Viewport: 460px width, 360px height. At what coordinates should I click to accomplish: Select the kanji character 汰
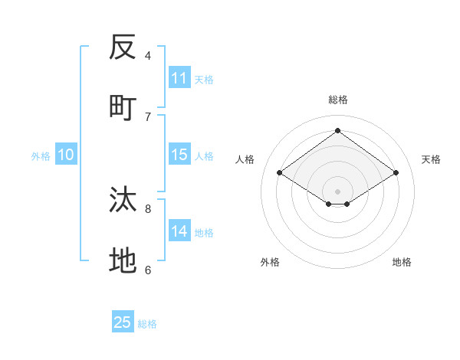pyautogui.click(x=123, y=200)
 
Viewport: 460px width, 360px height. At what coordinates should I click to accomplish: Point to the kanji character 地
pyautogui.click(x=123, y=261)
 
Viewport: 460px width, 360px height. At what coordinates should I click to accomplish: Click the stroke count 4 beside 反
pyautogui.click(x=148, y=55)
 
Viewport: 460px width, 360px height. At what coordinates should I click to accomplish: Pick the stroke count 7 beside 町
pyautogui.click(x=148, y=116)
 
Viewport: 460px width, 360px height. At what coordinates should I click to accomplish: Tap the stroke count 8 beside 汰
pyautogui.click(x=148, y=208)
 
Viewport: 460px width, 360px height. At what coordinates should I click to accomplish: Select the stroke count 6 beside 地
pyautogui.click(x=148, y=270)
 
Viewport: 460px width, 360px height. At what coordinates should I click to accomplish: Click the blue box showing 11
pyautogui.click(x=179, y=78)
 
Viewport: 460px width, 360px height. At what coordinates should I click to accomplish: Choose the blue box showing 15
pyautogui.click(x=179, y=155)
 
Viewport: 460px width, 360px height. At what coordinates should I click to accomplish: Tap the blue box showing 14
pyautogui.click(x=179, y=231)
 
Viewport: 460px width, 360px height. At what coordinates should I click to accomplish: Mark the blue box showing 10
pyautogui.click(x=66, y=155)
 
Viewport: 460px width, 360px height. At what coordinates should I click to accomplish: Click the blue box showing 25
pyautogui.click(x=123, y=322)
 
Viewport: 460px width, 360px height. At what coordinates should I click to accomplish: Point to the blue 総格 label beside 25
pyautogui.click(x=147, y=324)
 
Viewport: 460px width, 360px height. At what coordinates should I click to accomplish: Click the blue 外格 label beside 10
pyautogui.click(x=41, y=156)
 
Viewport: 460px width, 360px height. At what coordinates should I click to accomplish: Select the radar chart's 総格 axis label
pyautogui.click(x=337, y=100)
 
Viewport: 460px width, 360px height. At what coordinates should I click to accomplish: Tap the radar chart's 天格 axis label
pyautogui.click(x=431, y=159)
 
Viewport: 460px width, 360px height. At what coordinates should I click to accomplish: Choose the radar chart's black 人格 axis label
pyautogui.click(x=245, y=159)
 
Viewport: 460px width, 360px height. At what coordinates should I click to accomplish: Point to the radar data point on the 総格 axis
pyautogui.click(x=337, y=131)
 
